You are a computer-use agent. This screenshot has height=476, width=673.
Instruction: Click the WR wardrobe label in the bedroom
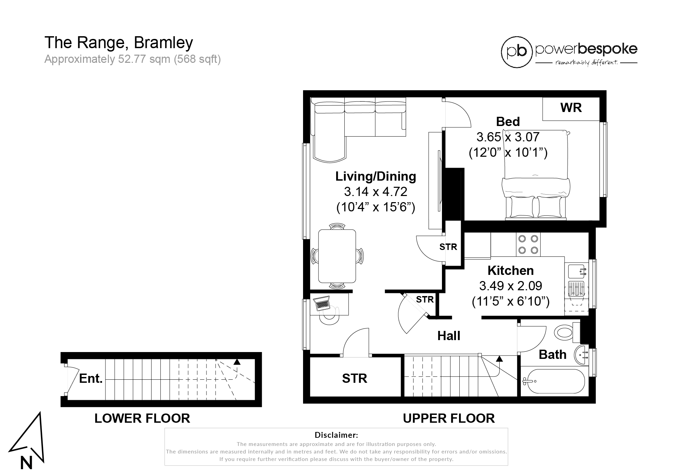coord(571,108)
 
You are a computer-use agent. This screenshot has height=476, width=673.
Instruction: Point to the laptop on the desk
coord(321,303)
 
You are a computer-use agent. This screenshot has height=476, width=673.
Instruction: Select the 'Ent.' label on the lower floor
coord(91,379)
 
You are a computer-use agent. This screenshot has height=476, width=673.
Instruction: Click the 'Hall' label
coord(449,336)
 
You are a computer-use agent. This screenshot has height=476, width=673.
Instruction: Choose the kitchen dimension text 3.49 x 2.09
coord(511,286)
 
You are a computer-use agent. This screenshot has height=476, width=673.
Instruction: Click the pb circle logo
coord(517,52)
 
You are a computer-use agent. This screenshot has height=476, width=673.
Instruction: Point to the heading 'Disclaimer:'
coord(336,435)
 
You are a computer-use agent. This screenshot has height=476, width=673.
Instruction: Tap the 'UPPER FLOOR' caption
coord(449,418)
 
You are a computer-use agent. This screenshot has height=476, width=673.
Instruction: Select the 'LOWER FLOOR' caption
coord(142,418)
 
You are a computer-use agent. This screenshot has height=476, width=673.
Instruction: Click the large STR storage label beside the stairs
coord(355,379)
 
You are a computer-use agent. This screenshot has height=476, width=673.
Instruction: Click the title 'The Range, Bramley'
coord(119,42)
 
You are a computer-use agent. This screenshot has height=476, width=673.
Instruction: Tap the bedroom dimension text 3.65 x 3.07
coord(508,137)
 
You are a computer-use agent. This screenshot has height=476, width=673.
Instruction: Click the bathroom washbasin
coord(582,355)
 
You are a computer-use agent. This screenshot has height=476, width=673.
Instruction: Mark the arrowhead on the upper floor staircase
coord(499,359)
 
